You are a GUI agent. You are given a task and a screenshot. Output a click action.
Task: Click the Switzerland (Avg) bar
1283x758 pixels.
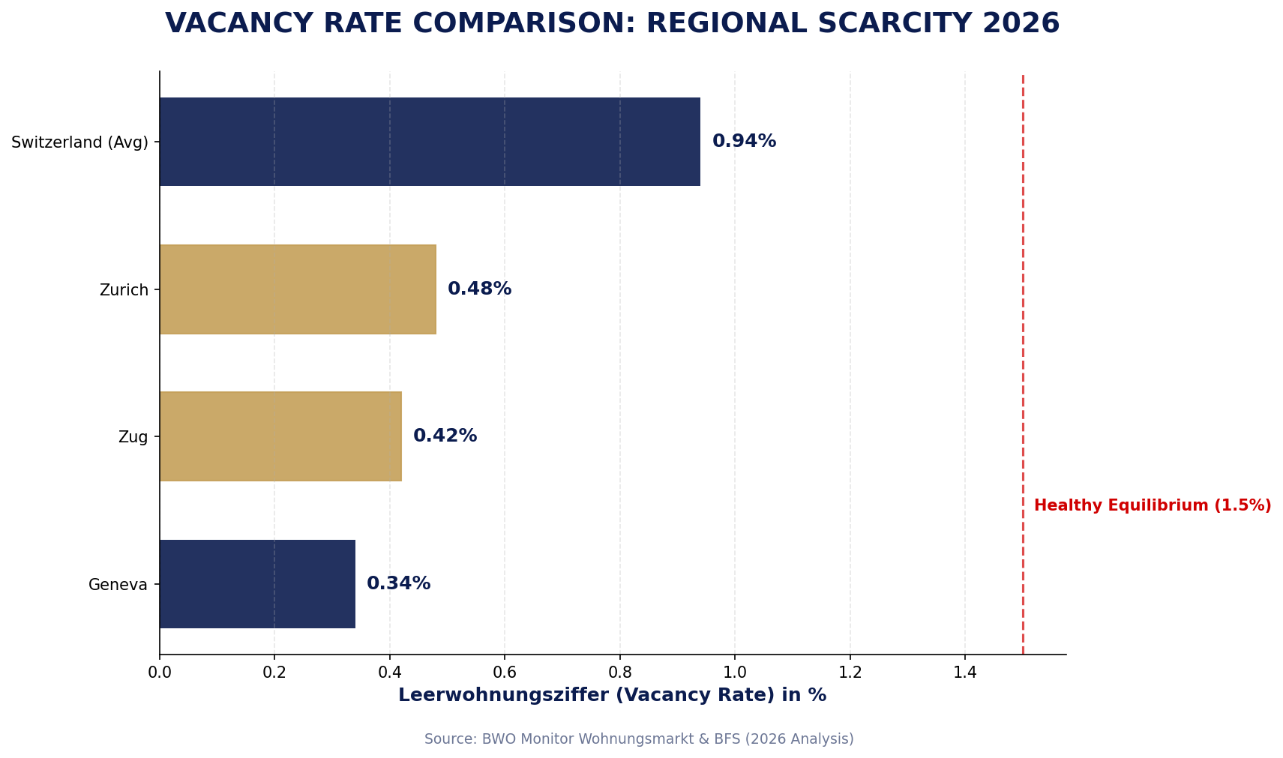(x=429, y=142)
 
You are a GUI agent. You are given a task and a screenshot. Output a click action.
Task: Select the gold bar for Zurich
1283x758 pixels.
(x=297, y=289)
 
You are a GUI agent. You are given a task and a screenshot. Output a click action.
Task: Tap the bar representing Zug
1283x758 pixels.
(x=280, y=436)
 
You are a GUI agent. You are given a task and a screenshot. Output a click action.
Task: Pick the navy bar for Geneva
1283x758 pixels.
(x=256, y=584)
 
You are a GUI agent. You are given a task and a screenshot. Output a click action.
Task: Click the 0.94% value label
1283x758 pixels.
(x=744, y=142)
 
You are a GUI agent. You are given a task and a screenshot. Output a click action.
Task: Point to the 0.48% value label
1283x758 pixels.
(x=479, y=289)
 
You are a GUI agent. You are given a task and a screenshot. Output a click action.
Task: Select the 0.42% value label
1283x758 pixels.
(x=445, y=436)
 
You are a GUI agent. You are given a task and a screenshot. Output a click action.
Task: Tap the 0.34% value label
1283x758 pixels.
(x=398, y=584)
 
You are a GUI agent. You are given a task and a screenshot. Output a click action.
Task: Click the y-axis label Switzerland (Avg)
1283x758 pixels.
(x=79, y=142)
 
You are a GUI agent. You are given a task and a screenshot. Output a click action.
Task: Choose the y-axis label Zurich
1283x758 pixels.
(x=124, y=290)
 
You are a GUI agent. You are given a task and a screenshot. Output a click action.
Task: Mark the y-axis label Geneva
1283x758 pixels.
(x=118, y=585)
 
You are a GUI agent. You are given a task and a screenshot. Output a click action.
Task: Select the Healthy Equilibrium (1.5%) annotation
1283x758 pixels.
(x=1152, y=506)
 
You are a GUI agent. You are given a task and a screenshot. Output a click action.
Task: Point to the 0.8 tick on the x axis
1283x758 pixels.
(x=620, y=673)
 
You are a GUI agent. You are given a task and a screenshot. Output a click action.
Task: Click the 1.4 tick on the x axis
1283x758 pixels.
(x=965, y=673)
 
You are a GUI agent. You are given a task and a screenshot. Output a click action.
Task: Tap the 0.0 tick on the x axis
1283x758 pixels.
(x=160, y=673)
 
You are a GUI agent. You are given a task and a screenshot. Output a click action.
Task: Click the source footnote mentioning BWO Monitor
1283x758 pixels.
(x=639, y=739)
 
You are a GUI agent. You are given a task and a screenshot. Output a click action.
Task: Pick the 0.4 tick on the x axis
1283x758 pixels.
(x=390, y=673)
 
